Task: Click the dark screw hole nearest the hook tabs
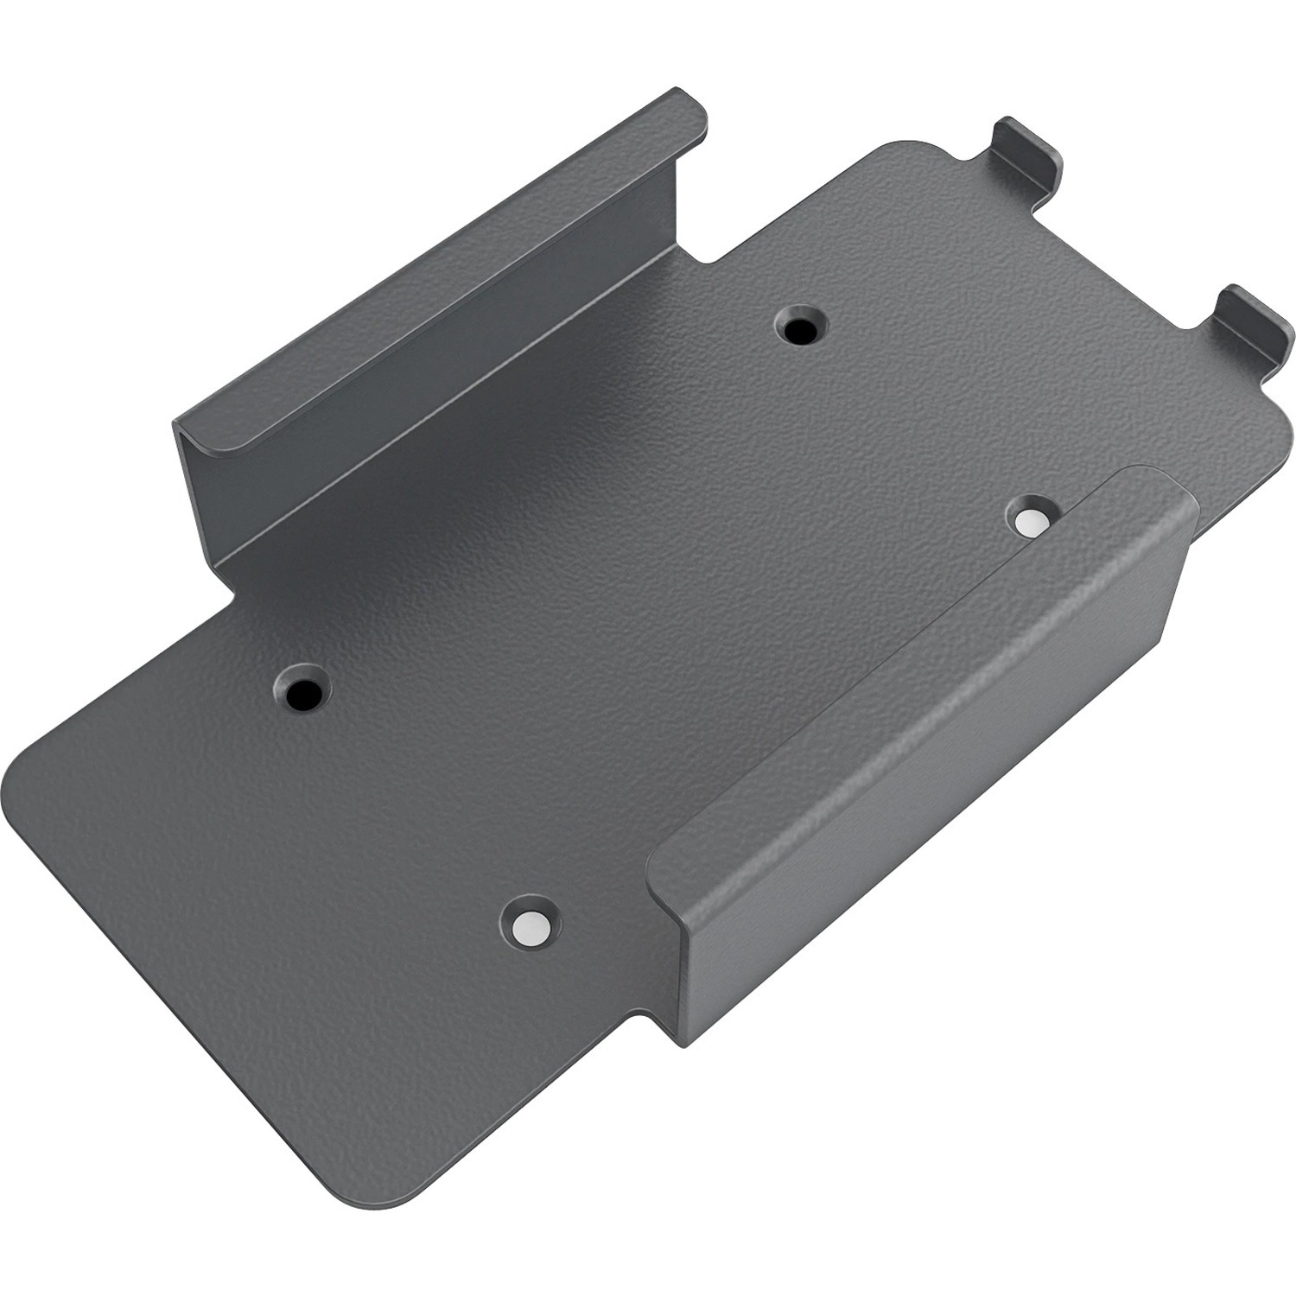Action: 801,327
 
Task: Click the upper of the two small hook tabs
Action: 1028,151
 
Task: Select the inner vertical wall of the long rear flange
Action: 432,363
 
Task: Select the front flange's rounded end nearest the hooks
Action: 1166,492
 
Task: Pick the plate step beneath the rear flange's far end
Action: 229,588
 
